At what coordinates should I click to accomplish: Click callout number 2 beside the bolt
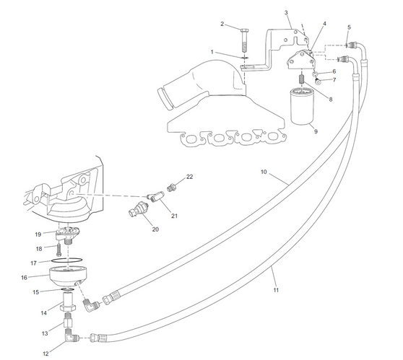(222, 24)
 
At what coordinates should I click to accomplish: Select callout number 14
(43, 312)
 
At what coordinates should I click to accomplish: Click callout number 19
(38, 234)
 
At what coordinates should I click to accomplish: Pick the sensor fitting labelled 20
(136, 210)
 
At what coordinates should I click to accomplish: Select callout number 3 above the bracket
(287, 13)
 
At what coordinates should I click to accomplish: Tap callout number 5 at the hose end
(349, 27)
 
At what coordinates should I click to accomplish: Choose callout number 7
(334, 80)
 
